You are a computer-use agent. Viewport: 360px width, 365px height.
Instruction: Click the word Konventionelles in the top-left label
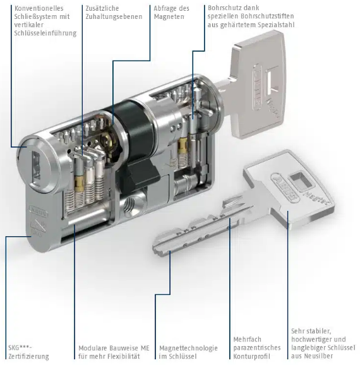(x=39, y=8)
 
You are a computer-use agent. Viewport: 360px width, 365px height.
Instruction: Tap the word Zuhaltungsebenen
(x=114, y=17)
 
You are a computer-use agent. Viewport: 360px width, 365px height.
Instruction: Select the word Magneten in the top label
(x=169, y=17)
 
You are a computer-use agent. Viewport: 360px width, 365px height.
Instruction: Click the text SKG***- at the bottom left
(x=20, y=348)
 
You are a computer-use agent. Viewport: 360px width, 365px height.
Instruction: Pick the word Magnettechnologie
(x=188, y=348)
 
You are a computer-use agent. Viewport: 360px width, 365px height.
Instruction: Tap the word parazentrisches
(x=257, y=348)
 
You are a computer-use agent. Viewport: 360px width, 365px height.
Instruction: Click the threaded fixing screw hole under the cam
(x=129, y=205)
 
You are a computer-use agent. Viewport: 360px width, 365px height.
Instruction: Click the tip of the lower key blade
(x=155, y=249)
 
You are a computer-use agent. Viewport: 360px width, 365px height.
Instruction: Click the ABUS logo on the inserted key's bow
(x=257, y=87)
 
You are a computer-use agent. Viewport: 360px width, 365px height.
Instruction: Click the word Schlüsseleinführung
(x=45, y=33)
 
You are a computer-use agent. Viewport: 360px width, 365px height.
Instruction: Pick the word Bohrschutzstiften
(x=268, y=16)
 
